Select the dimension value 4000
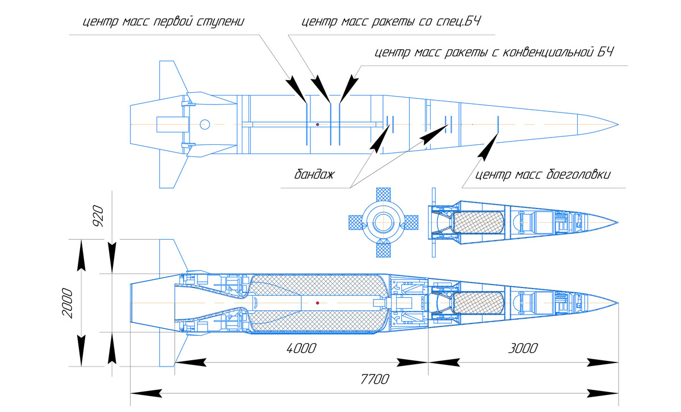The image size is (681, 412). click(301, 348)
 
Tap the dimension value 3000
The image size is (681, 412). click(522, 348)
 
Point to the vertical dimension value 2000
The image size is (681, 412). click(68, 303)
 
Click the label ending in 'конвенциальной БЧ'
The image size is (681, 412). click(494, 53)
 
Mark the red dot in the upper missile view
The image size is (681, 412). click(318, 124)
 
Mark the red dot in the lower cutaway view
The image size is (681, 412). click(318, 303)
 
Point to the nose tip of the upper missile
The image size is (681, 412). click(618, 124)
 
